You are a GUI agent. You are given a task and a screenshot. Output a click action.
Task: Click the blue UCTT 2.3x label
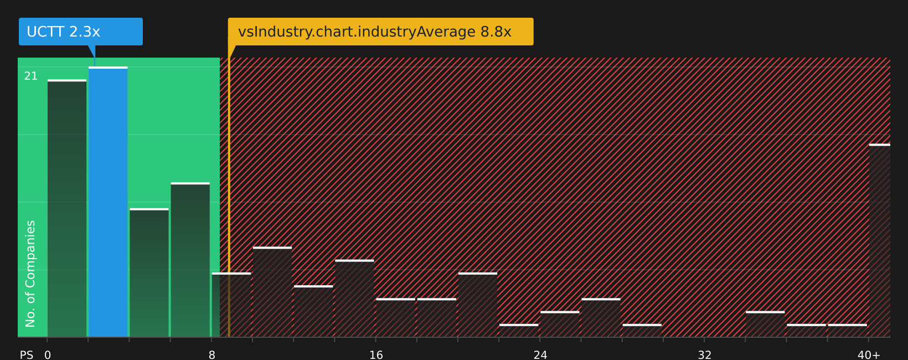81,32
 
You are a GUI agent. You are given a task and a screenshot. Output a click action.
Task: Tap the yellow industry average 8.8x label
380,32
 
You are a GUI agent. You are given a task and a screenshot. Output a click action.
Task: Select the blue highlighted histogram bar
108,202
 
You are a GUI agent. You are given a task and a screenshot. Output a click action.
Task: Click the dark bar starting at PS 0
67,208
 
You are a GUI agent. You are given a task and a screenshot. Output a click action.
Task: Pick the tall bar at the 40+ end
880,240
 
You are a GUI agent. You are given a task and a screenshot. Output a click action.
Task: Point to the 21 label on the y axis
31,76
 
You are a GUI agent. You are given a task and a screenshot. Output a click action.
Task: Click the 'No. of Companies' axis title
30,274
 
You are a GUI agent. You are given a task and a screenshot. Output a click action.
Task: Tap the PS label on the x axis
27,355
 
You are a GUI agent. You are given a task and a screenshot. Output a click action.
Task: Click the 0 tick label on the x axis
48,355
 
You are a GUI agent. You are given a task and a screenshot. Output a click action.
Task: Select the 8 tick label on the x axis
211,355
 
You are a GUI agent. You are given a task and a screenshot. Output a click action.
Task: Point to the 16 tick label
376,355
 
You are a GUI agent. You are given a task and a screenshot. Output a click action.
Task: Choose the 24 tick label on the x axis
540,355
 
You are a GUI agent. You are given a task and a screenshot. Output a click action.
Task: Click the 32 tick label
704,355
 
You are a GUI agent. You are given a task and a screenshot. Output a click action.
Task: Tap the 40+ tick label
869,355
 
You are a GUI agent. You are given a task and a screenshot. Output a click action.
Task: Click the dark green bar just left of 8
190,260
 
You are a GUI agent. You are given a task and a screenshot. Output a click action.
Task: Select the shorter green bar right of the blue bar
149,273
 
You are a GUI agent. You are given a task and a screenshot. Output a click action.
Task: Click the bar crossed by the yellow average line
231,305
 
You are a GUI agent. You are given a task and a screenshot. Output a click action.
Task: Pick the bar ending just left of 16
355,299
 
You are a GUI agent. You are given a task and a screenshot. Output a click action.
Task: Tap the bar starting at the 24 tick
560,325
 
